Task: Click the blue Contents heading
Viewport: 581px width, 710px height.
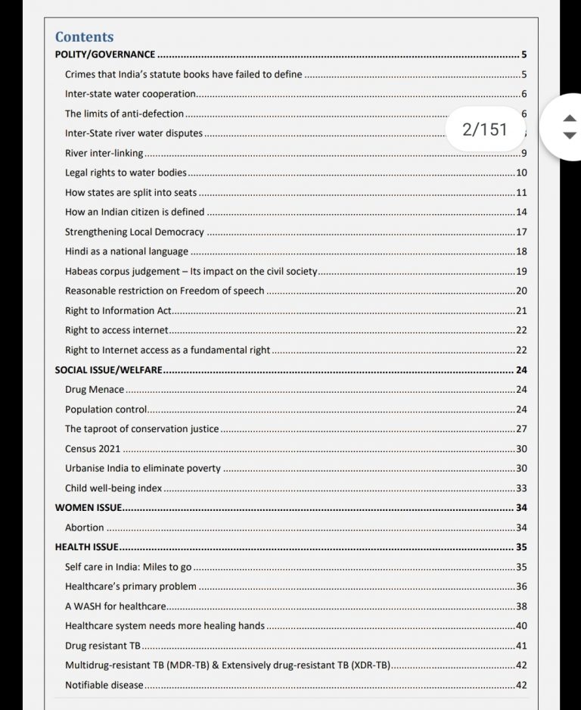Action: tap(84, 36)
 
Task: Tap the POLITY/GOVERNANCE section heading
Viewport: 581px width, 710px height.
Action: tap(105, 54)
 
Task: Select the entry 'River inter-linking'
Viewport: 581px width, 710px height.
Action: tap(104, 153)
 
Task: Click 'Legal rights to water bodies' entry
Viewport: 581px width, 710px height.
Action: tap(126, 173)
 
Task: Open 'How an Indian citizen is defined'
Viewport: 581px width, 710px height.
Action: tap(135, 212)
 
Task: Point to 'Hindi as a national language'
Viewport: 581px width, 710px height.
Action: tap(126, 251)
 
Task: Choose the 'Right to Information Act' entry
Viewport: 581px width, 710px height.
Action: tap(119, 310)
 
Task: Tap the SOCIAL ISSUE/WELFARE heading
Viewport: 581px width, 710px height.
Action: tap(108, 370)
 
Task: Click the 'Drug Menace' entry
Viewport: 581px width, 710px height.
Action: tap(95, 390)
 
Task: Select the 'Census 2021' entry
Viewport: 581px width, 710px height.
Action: tap(92, 449)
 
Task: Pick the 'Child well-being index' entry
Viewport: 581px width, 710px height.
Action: tap(113, 488)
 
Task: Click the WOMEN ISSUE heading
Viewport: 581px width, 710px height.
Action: tap(89, 508)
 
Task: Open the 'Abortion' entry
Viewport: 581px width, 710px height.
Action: tap(85, 528)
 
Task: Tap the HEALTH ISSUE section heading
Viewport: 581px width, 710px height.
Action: tap(86, 547)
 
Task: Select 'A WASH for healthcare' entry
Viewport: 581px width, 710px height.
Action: tap(116, 606)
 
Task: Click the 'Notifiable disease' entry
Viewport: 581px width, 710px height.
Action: tap(104, 685)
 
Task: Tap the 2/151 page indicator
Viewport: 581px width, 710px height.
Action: tap(485, 129)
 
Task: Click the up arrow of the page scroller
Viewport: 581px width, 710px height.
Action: tap(570, 119)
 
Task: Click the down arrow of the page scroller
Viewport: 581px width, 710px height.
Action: tap(570, 135)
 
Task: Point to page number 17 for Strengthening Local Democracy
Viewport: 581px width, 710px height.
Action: tap(521, 232)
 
